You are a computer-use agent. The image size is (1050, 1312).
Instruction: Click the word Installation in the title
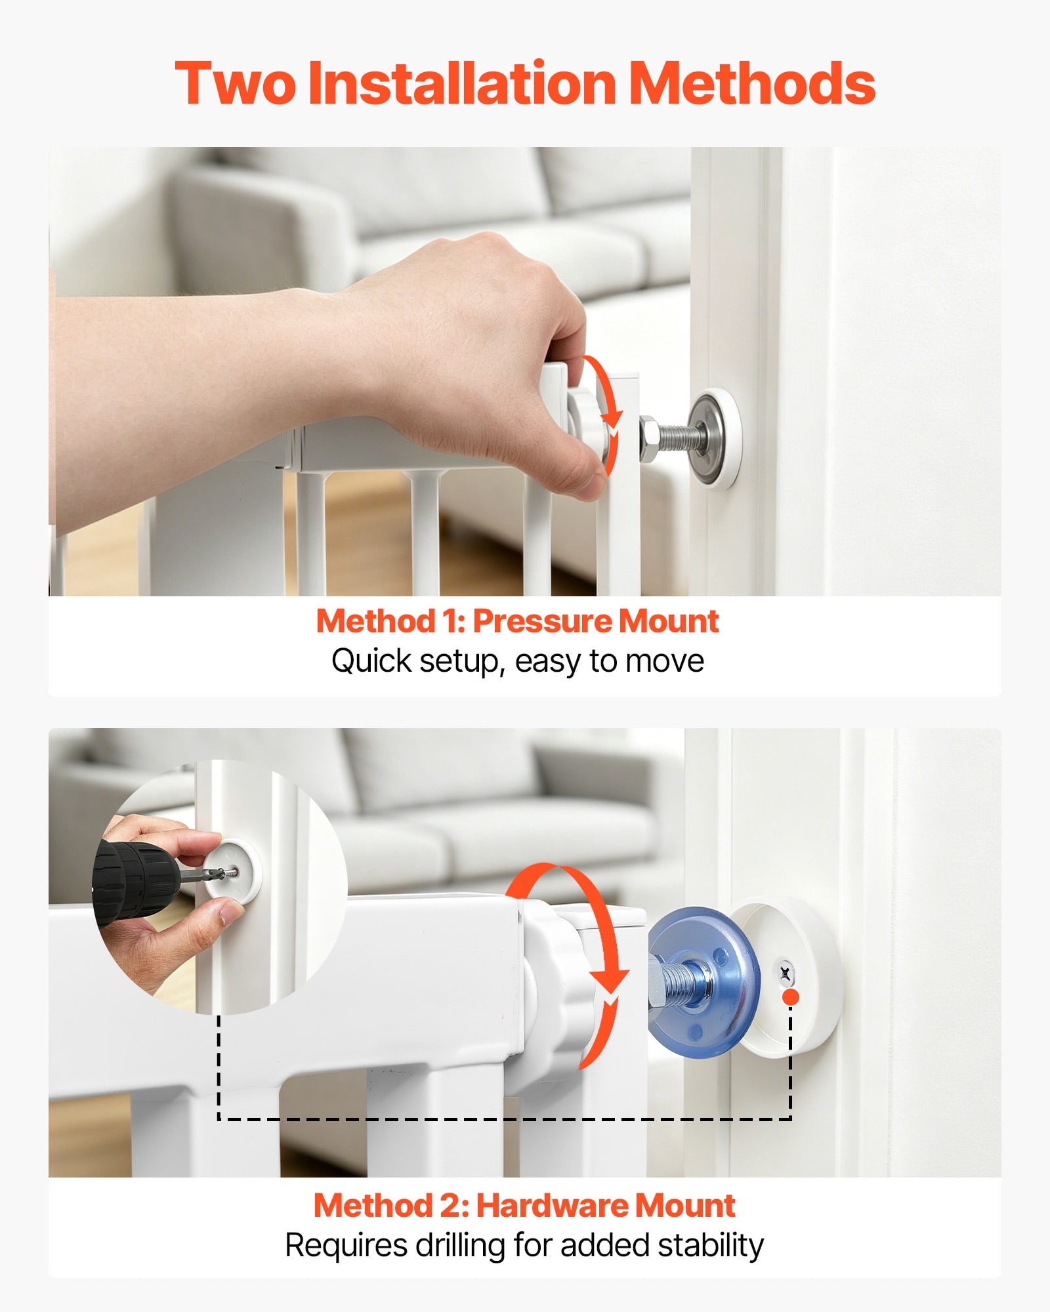point(462,83)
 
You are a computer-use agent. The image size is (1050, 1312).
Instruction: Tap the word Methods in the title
point(753,83)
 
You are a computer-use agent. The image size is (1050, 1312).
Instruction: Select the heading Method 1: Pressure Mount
point(518,621)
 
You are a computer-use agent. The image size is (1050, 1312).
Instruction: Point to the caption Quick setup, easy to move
point(518,661)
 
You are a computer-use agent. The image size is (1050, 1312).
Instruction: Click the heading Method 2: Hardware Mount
point(524,1205)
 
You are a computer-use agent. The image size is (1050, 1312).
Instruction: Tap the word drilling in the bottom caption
point(452,1245)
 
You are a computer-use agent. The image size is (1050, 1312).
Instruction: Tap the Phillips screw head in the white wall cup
point(785,972)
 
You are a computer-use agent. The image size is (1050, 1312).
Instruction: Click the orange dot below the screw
point(791,997)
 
